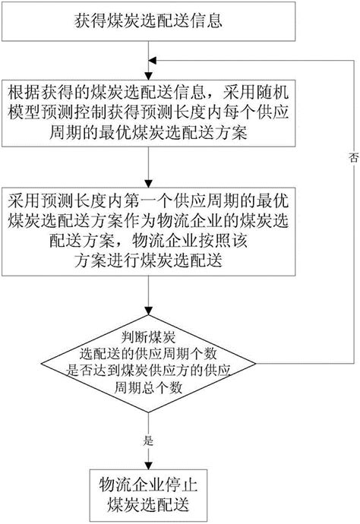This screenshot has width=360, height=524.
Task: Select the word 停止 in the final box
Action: [182, 484]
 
